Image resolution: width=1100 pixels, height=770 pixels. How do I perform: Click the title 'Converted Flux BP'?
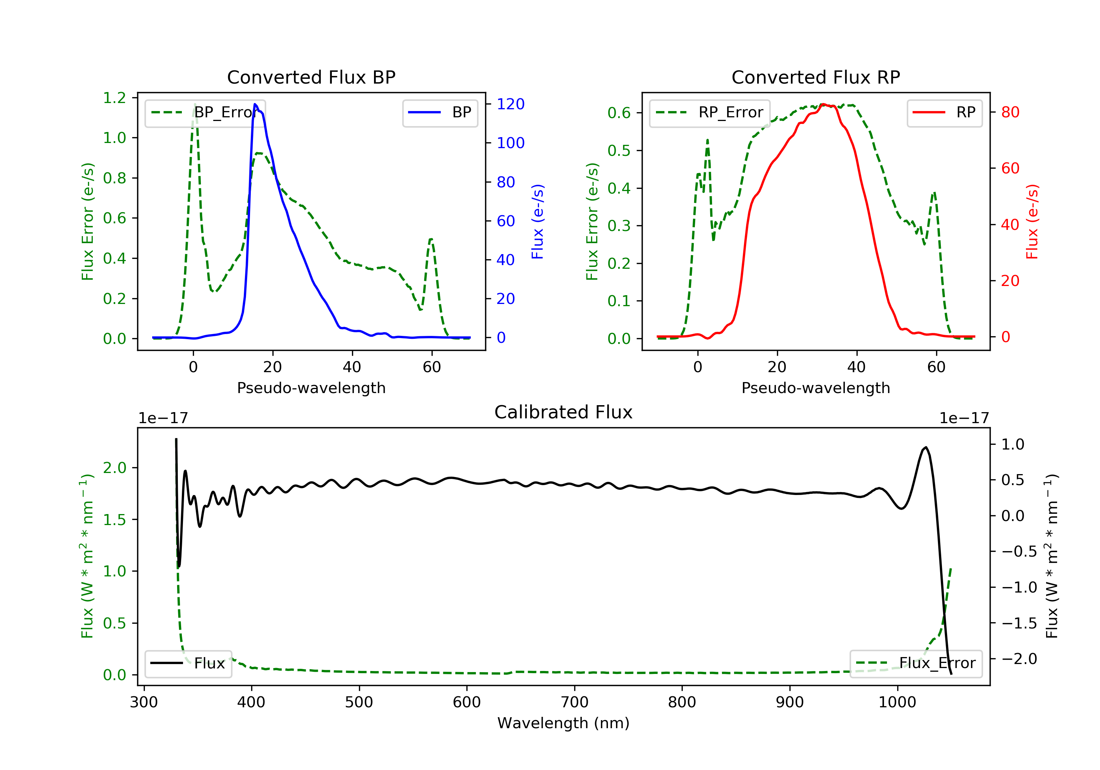[311, 77]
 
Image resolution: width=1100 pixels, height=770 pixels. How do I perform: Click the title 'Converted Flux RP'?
[815, 77]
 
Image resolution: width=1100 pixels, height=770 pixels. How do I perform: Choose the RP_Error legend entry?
[709, 113]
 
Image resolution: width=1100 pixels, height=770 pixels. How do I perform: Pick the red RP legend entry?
[944, 113]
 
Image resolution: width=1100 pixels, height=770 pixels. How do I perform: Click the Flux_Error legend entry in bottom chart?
[916, 663]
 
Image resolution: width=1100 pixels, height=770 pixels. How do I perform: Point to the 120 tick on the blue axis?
[510, 104]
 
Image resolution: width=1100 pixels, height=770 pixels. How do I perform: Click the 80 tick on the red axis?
[1010, 112]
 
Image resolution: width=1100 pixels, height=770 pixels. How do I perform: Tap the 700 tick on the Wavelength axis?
[575, 703]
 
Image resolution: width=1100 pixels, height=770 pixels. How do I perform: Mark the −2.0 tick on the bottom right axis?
[1019, 659]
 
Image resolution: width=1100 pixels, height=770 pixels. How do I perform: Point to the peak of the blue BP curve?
[255, 104]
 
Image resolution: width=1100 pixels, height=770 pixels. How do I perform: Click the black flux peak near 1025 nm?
[925, 448]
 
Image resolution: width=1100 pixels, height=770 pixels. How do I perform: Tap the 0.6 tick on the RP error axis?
[619, 113]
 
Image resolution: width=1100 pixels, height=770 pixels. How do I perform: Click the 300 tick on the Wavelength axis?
[144, 703]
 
